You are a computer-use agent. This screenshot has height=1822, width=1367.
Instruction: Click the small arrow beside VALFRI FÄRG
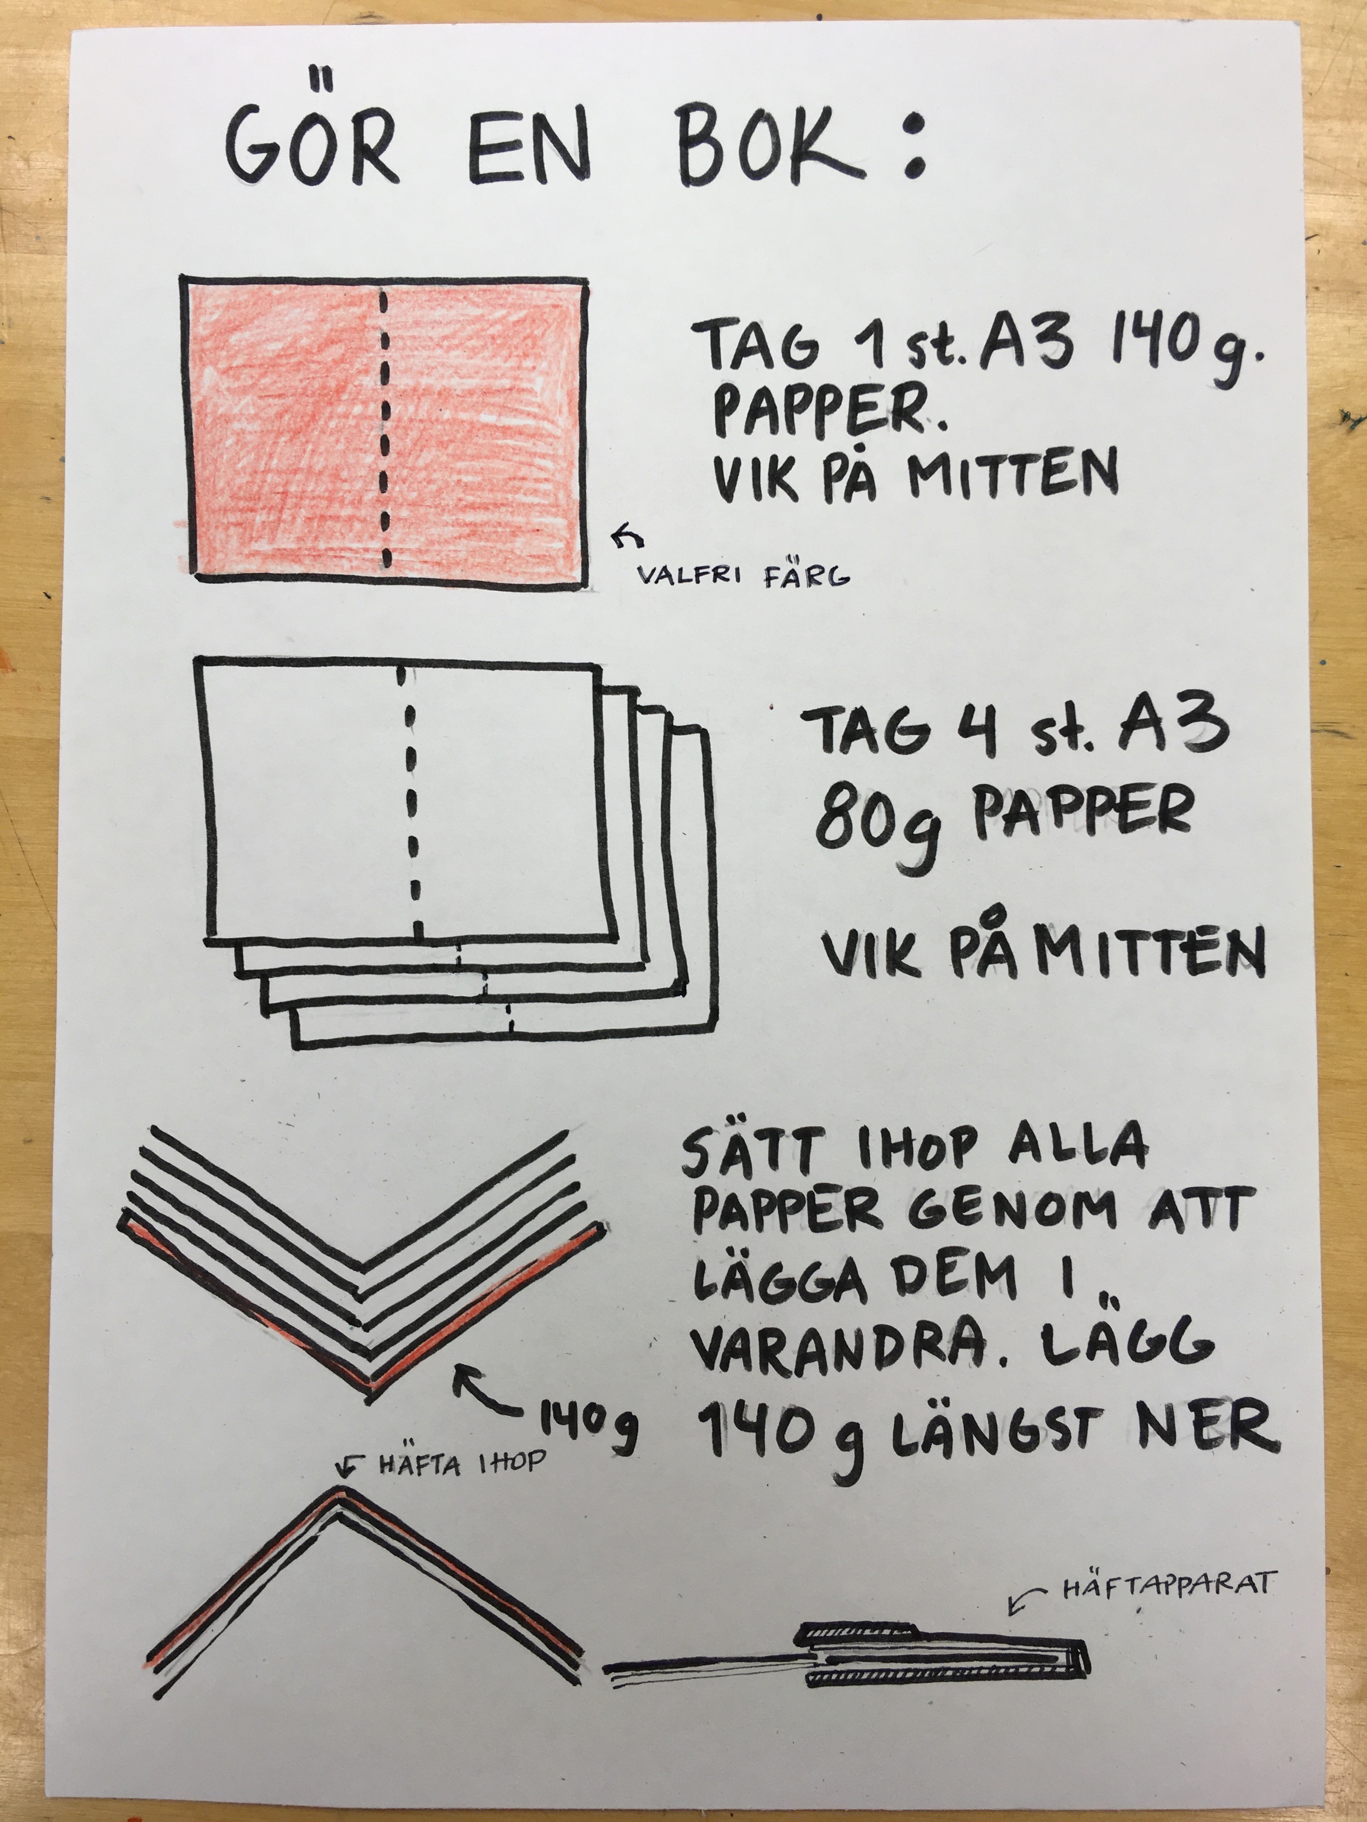[628, 536]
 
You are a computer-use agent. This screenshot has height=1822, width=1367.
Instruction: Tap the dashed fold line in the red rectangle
[384, 428]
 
